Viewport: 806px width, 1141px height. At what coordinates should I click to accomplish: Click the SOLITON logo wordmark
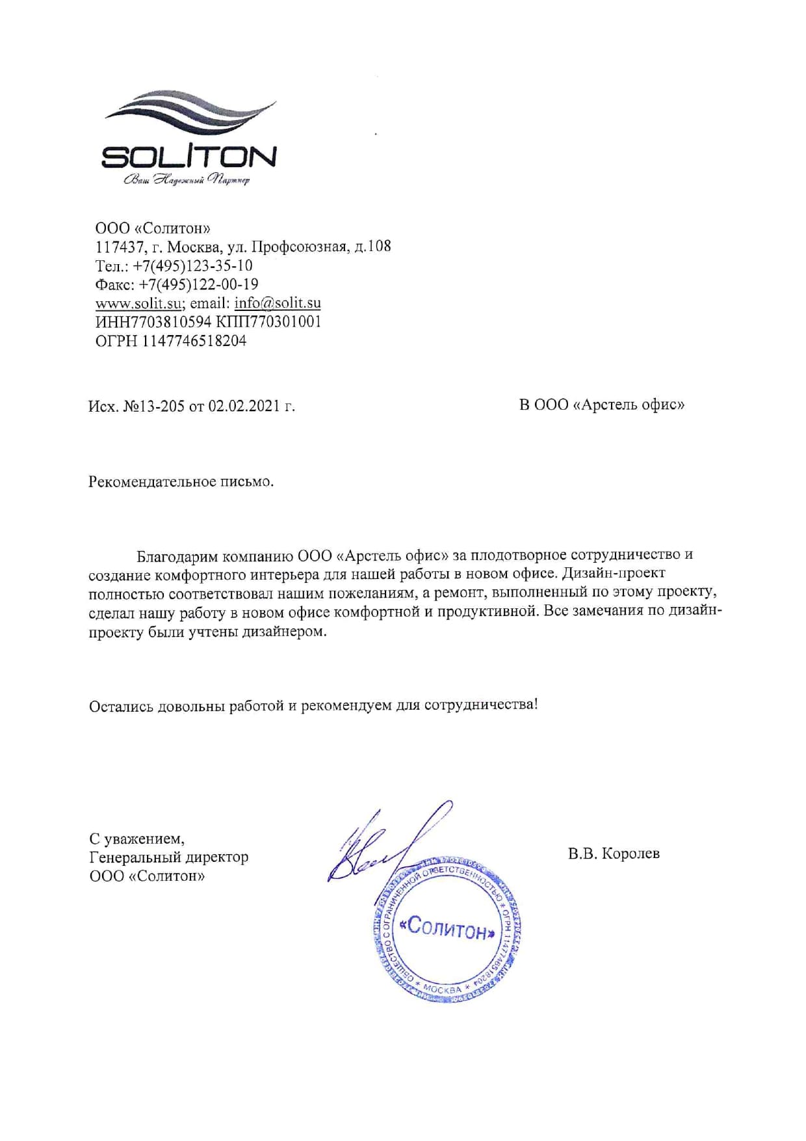coord(188,157)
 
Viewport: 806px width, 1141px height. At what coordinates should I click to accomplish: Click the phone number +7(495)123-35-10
coord(192,265)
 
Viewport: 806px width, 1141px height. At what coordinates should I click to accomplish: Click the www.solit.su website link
coord(138,303)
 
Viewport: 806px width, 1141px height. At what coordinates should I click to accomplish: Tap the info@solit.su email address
coord(278,303)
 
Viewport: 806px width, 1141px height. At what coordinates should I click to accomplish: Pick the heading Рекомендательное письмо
coord(181,482)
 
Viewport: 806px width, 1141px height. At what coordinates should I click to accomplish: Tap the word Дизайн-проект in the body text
coord(614,574)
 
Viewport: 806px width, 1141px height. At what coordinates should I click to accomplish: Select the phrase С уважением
coord(136,839)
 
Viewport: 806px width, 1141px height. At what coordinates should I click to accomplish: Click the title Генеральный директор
coord(169,857)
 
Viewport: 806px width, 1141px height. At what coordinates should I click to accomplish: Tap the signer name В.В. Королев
coord(614,853)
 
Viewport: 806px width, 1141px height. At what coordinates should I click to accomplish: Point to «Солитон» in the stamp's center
coord(448,930)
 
